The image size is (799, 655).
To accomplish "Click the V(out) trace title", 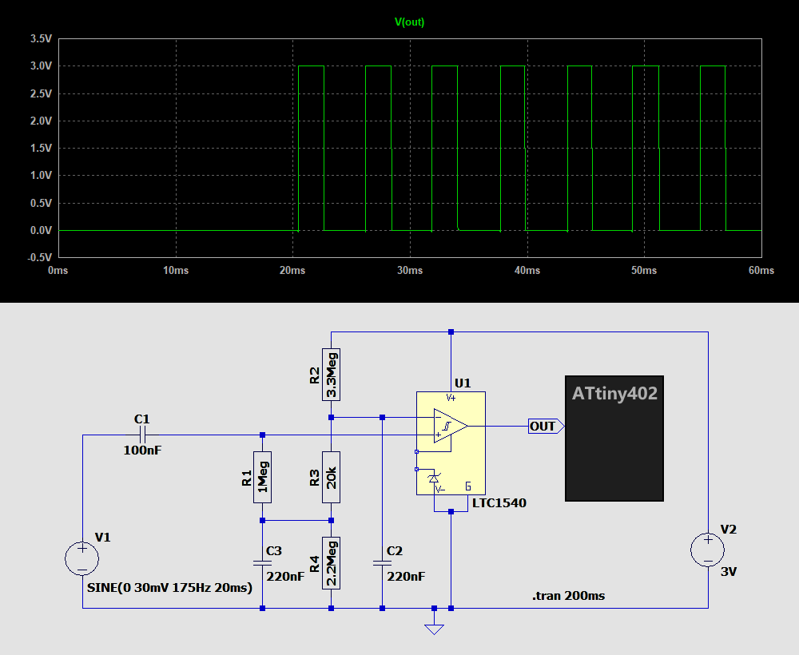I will tap(410, 22).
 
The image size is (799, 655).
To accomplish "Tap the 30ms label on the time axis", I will tap(410, 271).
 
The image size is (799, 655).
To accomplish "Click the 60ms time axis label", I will tap(761, 271).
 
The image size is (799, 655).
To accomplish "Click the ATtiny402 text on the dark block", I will tap(614, 394).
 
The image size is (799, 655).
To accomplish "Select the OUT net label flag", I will tap(544, 427).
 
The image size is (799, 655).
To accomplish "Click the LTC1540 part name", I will tap(499, 503).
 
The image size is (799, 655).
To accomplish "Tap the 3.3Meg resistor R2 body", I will tap(331, 374).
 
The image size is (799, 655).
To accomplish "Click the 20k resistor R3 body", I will tap(331, 477).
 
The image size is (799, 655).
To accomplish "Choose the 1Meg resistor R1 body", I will tap(262, 477).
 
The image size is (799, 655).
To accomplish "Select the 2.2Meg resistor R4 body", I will tap(331, 562).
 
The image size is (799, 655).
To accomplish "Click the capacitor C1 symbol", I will tap(142, 435).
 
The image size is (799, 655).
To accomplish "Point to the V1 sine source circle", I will tap(81, 558).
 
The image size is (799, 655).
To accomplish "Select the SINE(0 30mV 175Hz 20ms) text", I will tap(169, 588).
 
